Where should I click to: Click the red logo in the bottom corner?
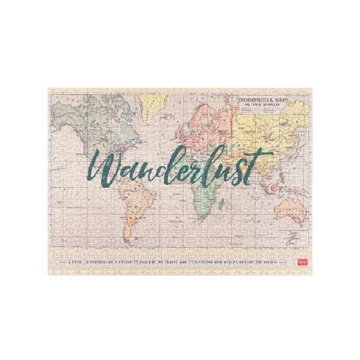pyautogui.click(x=302, y=261)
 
